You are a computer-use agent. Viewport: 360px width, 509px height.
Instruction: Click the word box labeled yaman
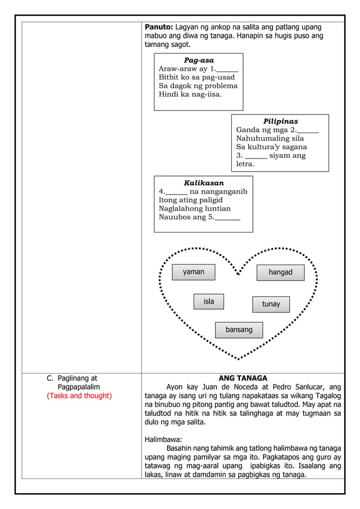pos(194,272)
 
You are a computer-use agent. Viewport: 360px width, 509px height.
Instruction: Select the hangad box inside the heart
pos(280,273)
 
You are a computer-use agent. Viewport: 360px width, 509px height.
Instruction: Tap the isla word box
pos(209,302)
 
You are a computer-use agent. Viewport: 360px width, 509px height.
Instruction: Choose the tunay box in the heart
pos(271,304)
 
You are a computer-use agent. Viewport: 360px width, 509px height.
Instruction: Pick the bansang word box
pos(239,330)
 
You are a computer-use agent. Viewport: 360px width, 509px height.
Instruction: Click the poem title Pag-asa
pos(199,60)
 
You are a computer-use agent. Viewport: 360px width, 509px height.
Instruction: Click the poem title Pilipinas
pos(280,121)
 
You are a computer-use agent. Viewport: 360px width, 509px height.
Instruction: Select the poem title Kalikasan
pos(204,183)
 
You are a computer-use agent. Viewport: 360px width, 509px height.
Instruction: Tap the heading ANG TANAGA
pos(243,378)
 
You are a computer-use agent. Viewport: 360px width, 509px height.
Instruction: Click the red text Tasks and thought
pos(79,396)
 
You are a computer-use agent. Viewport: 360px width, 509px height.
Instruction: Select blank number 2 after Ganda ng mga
pos(308,130)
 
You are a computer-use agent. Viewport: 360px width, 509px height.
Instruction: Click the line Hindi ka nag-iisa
pos(190,94)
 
